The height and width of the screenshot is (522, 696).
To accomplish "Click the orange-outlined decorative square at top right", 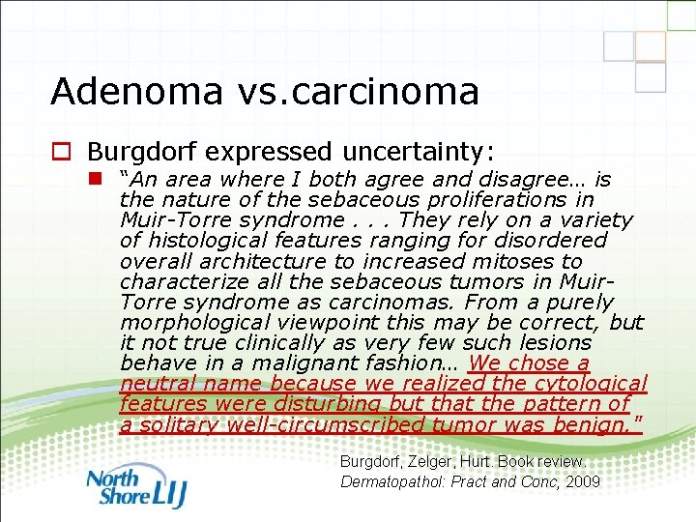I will (651, 46).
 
